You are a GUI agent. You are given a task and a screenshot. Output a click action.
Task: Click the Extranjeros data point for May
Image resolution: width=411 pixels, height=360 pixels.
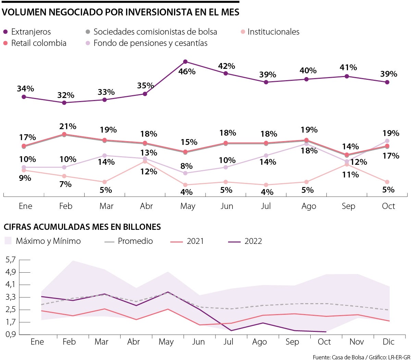185,62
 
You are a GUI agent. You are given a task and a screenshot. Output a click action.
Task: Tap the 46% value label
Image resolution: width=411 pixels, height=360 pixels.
187,72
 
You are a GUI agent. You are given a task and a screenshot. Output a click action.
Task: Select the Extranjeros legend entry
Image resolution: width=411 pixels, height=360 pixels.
27,32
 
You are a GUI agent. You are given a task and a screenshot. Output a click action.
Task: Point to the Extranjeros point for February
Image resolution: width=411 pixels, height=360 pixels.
64,102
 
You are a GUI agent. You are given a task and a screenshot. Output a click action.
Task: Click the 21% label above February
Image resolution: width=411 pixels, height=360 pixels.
68,126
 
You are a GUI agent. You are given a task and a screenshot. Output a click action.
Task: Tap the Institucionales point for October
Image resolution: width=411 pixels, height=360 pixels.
387,182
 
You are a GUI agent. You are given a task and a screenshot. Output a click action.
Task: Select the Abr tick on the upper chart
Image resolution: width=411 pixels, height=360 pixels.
147,206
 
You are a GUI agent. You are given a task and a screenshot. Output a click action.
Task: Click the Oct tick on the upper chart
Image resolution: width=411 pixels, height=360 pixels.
388,206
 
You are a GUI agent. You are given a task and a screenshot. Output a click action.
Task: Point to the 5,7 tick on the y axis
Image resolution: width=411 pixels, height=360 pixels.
11,260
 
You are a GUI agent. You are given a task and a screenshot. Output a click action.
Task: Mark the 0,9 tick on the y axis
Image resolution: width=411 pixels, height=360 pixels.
11,334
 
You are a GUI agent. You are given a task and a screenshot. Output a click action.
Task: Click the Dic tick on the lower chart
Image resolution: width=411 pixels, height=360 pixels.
388,342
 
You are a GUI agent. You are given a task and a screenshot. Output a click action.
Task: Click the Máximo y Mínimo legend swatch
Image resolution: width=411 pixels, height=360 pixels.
8,241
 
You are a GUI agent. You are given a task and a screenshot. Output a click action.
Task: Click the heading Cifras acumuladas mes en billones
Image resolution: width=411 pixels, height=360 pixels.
82,227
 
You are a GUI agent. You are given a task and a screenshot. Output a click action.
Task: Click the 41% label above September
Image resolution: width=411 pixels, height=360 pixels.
348,67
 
